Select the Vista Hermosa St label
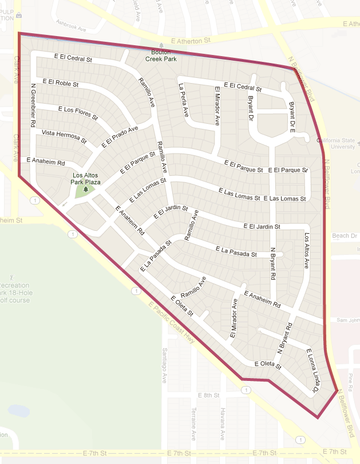click(64, 136)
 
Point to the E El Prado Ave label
click(120, 136)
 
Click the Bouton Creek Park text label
click(161, 55)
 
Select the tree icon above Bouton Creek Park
click(161, 45)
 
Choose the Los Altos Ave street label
click(306, 251)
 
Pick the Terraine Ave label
click(194, 427)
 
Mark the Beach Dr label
click(345, 236)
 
